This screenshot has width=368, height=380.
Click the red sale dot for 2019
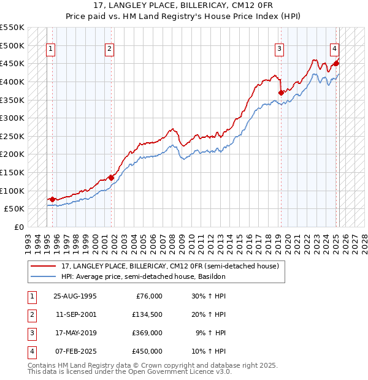click(x=281, y=93)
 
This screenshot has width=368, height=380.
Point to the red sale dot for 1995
click(x=52, y=199)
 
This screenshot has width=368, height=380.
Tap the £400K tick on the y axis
click(x=12, y=82)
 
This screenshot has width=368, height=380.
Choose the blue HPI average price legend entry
click(x=144, y=276)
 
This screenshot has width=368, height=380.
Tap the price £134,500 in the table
click(x=147, y=314)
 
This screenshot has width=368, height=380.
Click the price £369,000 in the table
click(x=147, y=333)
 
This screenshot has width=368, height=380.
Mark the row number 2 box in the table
click(x=31, y=314)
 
